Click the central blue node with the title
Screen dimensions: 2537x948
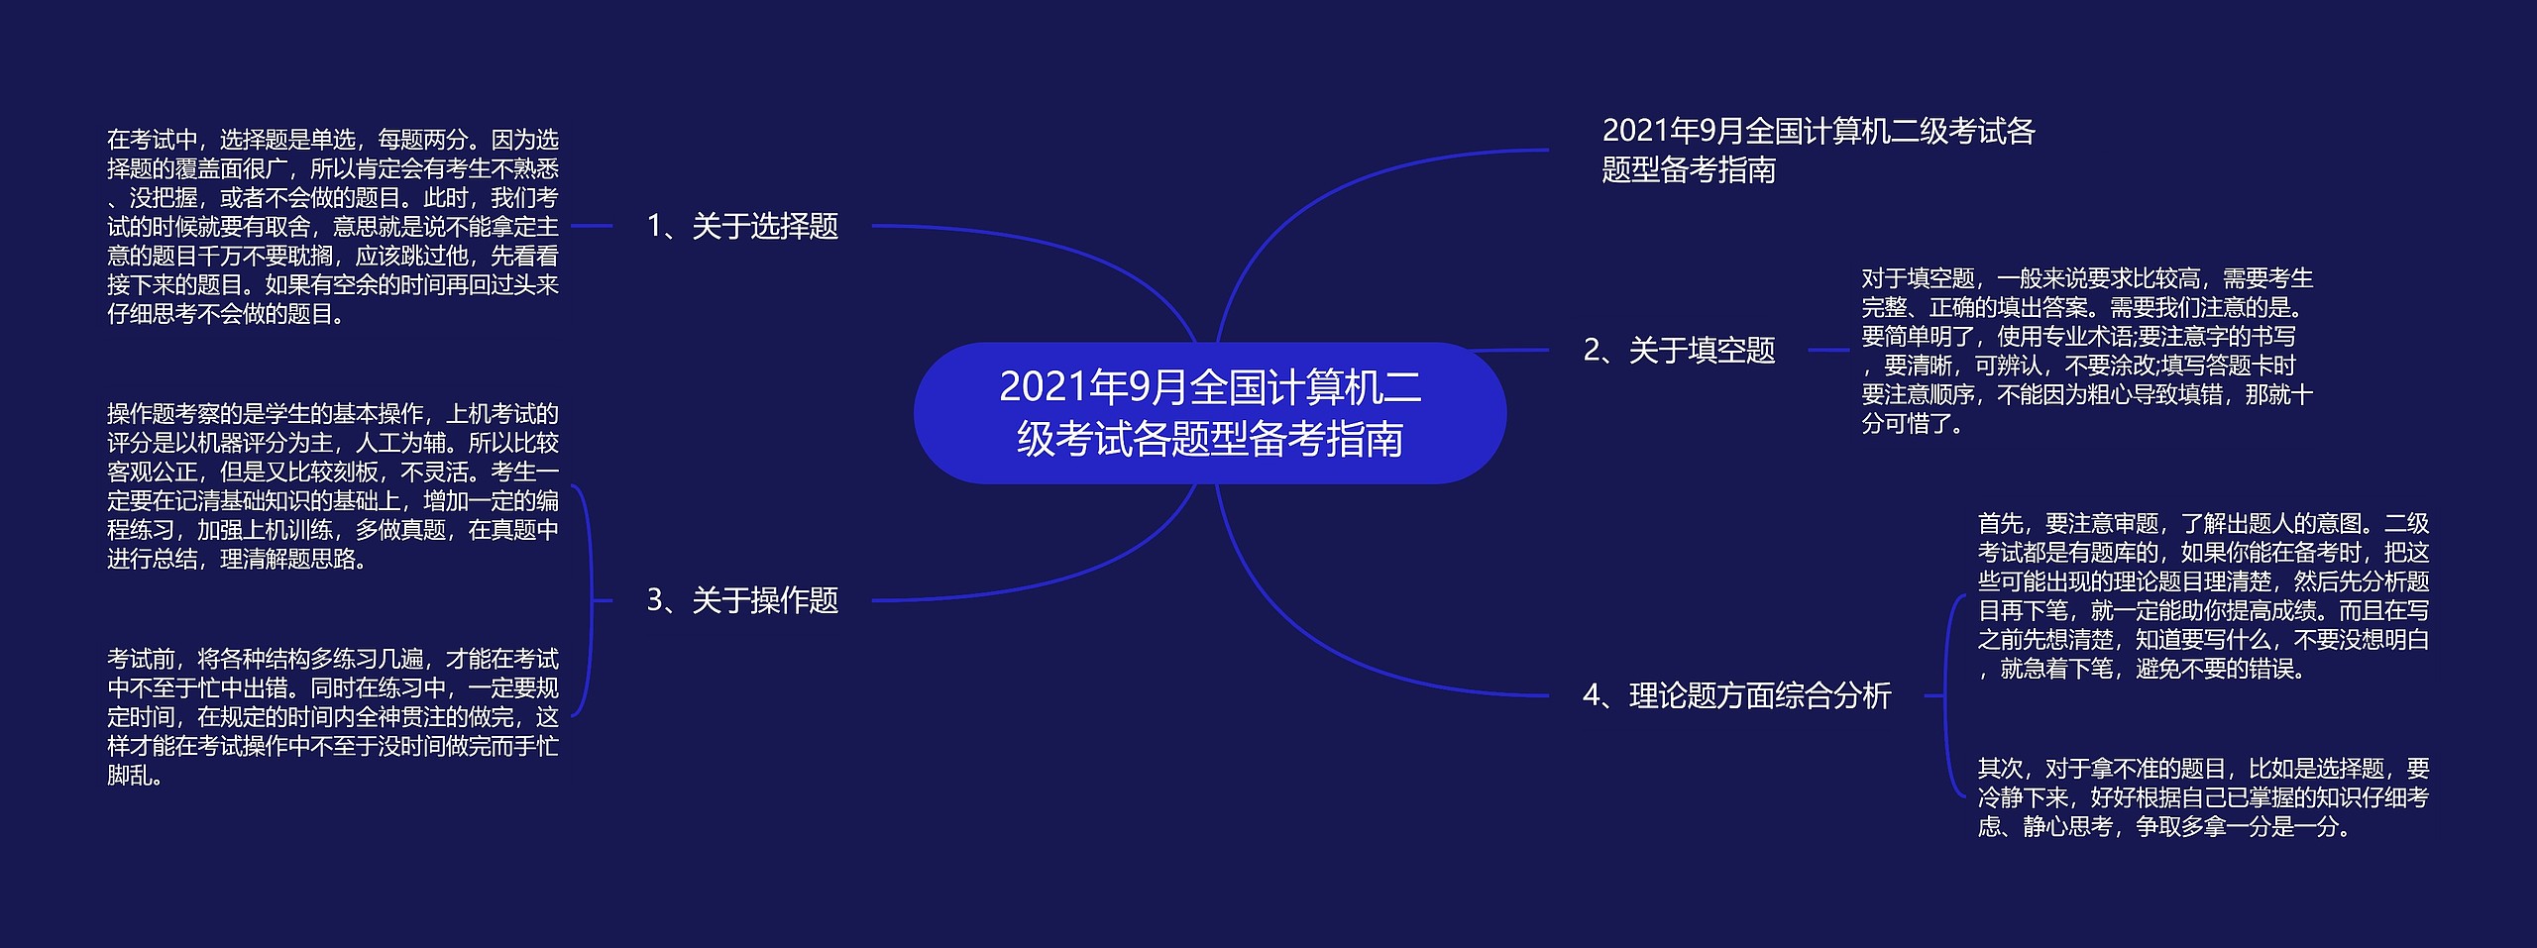pos(1209,413)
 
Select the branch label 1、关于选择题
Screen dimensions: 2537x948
pos(742,227)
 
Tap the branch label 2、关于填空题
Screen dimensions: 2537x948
pos(1679,351)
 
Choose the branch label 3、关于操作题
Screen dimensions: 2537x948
pos(742,600)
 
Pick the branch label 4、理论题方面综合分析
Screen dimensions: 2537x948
pos(1736,695)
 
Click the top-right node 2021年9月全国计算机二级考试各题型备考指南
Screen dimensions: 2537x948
pos(1819,151)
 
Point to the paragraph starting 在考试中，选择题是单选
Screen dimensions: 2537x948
pos(333,227)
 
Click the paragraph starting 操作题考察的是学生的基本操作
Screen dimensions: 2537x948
pos(333,486)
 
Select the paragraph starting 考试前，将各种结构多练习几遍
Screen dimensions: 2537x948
pos(333,717)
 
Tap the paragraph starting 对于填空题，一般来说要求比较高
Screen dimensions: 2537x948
pos(2087,351)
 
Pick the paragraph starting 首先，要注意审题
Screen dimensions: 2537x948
pos(2204,596)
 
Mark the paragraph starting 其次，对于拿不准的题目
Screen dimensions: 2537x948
pos(2204,797)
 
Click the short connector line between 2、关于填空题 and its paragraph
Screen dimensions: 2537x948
pos(1828,350)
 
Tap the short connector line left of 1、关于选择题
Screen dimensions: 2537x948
pos(592,227)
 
